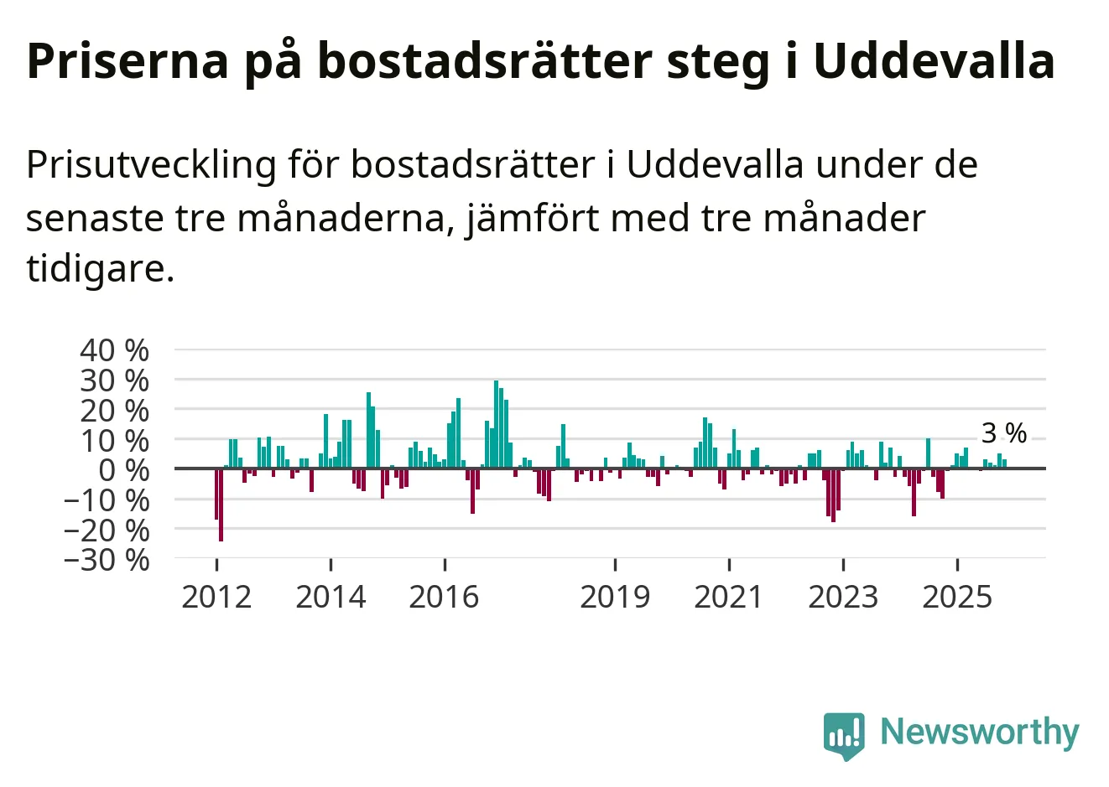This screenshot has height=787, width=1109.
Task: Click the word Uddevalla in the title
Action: click(x=934, y=60)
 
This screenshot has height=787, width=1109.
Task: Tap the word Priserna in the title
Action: click(x=128, y=60)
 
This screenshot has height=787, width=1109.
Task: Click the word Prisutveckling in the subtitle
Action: click(x=151, y=164)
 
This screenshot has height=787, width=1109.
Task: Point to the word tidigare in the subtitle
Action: click(x=100, y=268)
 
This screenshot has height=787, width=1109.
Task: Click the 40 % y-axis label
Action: click(x=115, y=350)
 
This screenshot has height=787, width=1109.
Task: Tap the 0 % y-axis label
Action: click(x=123, y=469)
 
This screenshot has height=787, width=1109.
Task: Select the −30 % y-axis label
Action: click(x=107, y=559)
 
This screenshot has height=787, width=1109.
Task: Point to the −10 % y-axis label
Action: click(x=107, y=500)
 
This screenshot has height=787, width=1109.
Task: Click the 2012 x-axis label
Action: click(x=216, y=597)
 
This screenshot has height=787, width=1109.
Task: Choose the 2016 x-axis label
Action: click(x=444, y=597)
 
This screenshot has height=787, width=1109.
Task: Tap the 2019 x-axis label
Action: click(x=615, y=597)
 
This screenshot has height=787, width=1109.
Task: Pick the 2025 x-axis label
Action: click(x=957, y=597)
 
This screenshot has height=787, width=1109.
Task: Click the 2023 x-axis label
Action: click(x=843, y=597)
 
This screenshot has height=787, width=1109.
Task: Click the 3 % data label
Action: click(x=1004, y=433)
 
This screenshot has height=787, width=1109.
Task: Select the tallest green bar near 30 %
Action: click(x=496, y=424)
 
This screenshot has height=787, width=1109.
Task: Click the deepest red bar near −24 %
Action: click(x=221, y=505)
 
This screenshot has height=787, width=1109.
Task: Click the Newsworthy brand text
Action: click(x=979, y=733)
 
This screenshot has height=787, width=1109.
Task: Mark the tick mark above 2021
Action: click(x=729, y=564)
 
